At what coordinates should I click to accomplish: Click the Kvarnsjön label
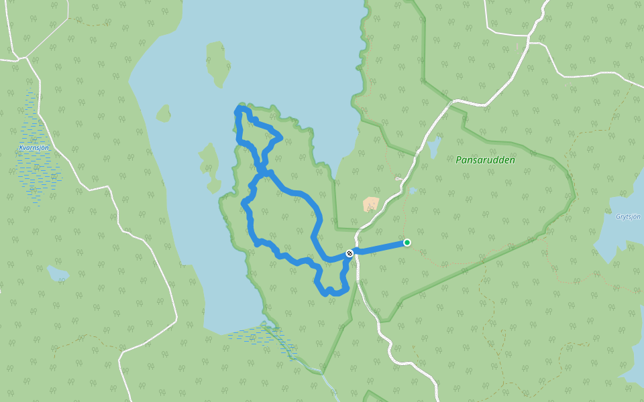[34, 147]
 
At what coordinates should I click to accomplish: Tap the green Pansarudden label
[485, 160]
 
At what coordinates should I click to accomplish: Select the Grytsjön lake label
[628, 216]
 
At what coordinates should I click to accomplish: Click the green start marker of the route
[407, 243]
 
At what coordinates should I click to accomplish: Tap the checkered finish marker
[349, 253]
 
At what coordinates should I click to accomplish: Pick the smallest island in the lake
[163, 113]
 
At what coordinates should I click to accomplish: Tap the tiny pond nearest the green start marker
[413, 191]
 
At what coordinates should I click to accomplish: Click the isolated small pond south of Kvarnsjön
[58, 273]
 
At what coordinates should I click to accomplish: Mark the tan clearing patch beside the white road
[371, 204]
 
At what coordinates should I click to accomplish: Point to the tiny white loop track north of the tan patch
[398, 178]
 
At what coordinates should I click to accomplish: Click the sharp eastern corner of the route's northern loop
[280, 139]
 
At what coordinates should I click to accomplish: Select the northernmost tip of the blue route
[240, 108]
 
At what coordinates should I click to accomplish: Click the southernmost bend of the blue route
[327, 293]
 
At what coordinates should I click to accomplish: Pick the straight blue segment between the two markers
[379, 247]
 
